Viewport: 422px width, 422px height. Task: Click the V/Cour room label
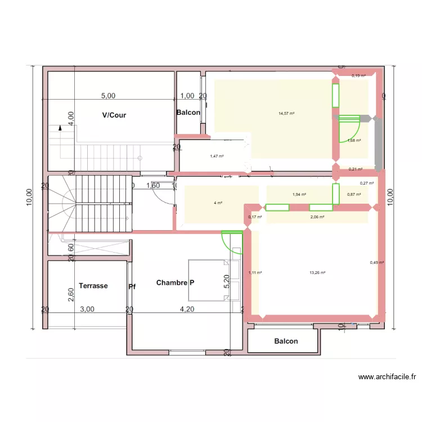(114, 115)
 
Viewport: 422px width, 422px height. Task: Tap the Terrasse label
(93, 285)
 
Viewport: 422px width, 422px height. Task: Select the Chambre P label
(176, 282)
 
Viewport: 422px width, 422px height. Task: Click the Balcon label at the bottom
(286, 341)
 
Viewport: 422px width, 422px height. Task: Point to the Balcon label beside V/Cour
(188, 113)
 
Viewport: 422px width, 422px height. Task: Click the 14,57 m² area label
(286, 113)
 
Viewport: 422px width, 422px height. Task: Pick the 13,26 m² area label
(318, 273)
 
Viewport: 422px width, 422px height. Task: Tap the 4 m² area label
(218, 203)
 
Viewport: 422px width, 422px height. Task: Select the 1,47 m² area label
(217, 156)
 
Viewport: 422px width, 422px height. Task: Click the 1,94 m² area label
(299, 195)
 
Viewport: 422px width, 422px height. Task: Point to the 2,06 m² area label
(317, 216)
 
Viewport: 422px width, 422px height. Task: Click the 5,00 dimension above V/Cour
(108, 96)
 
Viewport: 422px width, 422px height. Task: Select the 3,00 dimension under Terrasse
(87, 309)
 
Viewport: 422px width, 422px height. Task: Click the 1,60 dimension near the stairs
(153, 185)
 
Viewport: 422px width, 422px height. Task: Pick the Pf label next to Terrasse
(132, 286)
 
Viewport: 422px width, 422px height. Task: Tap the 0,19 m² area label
(358, 75)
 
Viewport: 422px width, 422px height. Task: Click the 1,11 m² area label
(255, 273)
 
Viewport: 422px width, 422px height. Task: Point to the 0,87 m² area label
(354, 195)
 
